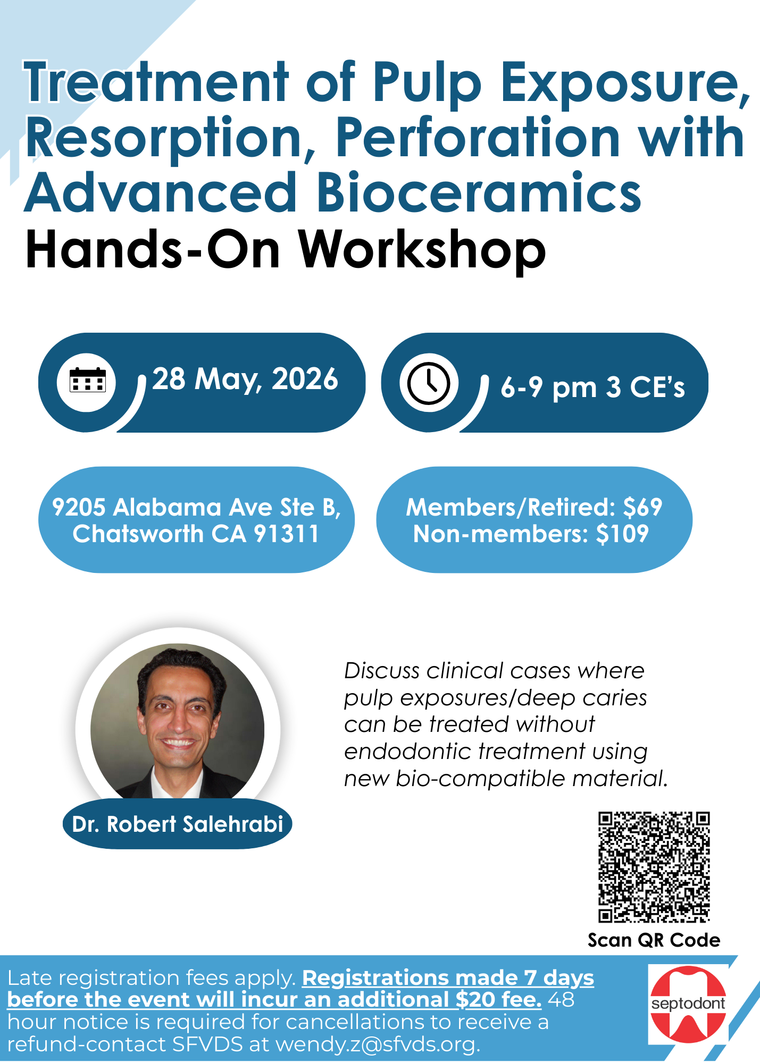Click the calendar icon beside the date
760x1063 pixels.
click(88, 380)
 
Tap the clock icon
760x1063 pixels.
click(429, 383)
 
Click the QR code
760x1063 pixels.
click(654, 867)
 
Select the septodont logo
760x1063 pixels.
click(688, 1004)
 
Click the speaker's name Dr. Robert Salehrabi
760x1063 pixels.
click(178, 824)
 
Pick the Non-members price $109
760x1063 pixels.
click(622, 534)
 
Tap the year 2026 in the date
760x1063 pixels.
click(305, 379)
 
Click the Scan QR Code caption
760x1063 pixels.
click(654, 940)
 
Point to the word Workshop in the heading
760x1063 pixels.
click(422, 249)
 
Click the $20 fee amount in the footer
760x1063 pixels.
click(475, 1000)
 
